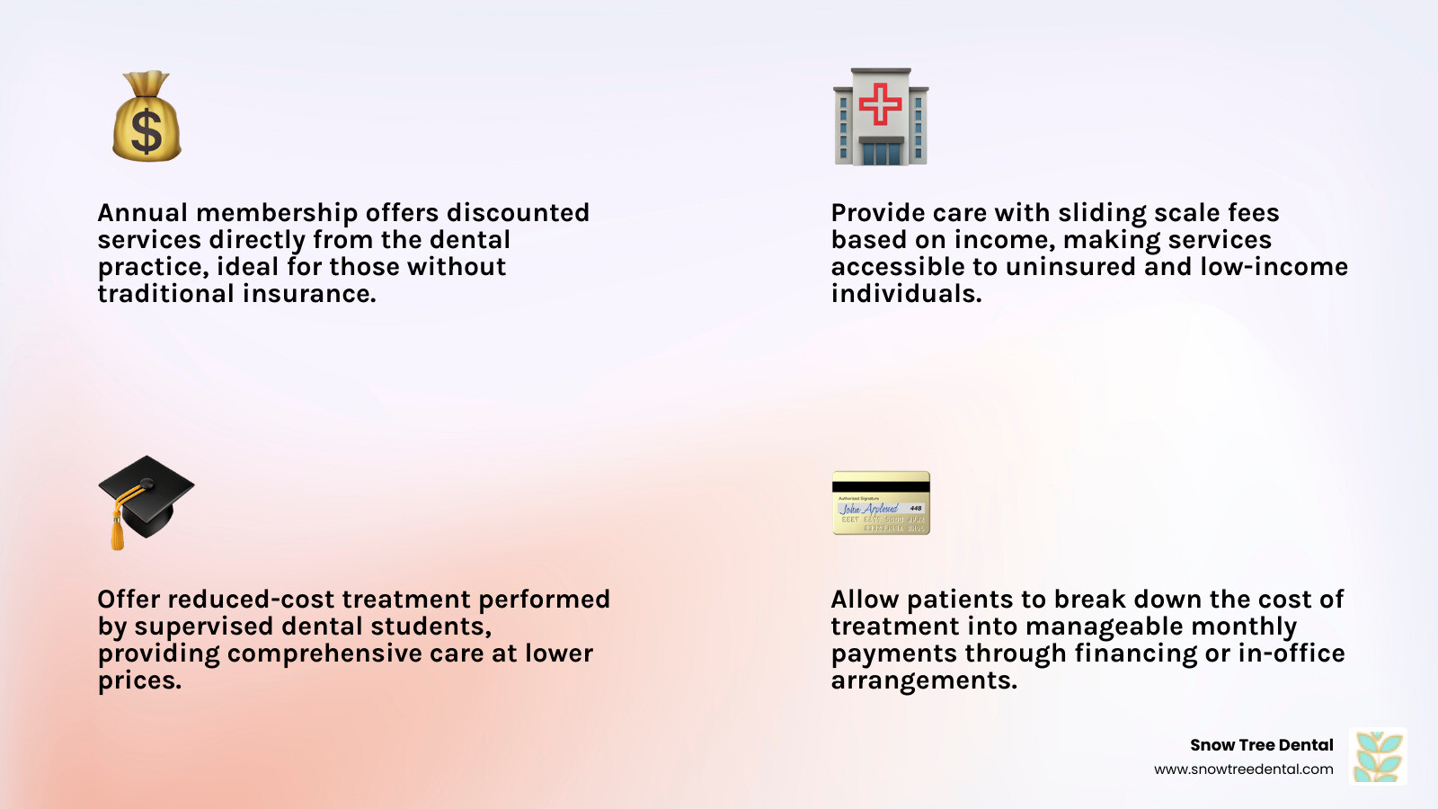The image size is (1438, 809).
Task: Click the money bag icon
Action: tap(147, 116)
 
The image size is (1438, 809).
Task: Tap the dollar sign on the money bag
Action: tap(147, 131)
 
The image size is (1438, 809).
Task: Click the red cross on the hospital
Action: tap(880, 104)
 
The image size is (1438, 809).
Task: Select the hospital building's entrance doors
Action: tap(881, 154)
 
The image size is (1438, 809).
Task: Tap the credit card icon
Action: tap(881, 502)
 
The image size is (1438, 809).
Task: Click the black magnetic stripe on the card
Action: tap(881, 486)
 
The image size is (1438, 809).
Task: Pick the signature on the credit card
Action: tap(869, 509)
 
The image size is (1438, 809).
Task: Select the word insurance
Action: tap(309, 294)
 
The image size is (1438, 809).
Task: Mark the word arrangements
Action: tap(924, 680)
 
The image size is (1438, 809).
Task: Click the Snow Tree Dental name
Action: tap(1262, 745)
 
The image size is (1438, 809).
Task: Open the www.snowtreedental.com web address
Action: tap(1244, 769)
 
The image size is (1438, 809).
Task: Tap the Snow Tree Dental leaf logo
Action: tap(1378, 756)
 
